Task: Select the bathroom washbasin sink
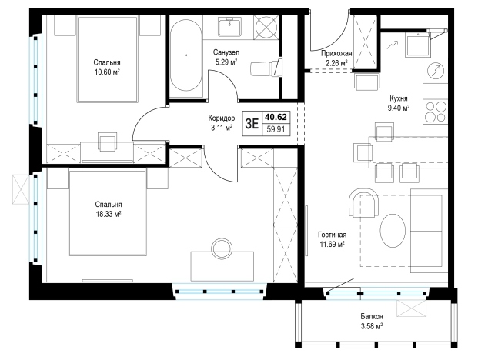point(230,26)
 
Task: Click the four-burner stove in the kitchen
point(436,112)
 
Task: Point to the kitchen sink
point(418,45)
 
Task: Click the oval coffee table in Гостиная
point(393,230)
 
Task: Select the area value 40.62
point(276,117)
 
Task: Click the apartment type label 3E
point(252,124)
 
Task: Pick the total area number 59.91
point(276,129)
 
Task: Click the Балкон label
point(372,316)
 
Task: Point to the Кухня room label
point(399,98)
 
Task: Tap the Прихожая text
point(336,54)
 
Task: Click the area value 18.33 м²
point(109,214)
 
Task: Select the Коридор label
point(222,118)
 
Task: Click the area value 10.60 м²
point(107,72)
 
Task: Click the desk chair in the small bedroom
point(107,142)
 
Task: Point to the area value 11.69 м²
point(332,245)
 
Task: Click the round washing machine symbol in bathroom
point(266,28)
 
